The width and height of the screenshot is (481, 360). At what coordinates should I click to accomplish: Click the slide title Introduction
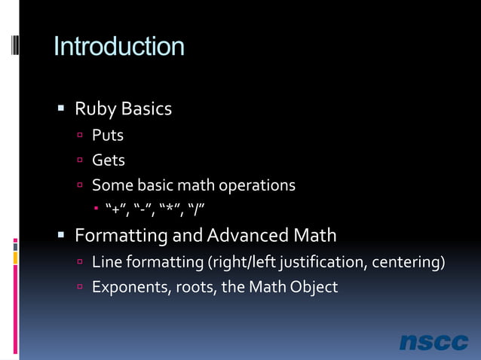point(118,47)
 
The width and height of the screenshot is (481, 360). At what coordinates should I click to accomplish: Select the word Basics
point(146,109)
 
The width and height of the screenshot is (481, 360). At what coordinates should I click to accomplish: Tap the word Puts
point(108,136)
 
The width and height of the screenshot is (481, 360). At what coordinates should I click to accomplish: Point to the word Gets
point(109,160)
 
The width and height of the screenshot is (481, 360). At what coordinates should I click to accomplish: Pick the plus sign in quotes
point(115,209)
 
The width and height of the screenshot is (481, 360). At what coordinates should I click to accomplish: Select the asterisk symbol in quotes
point(170,209)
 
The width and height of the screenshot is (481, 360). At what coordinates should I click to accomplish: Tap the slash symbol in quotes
point(197,209)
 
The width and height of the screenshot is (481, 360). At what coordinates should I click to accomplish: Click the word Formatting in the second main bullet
point(121,236)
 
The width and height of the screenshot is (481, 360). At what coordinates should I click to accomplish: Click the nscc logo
point(434,342)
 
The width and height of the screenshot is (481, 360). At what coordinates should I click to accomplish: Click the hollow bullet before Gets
point(79,160)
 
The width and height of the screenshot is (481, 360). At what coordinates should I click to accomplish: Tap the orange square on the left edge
point(15,258)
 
